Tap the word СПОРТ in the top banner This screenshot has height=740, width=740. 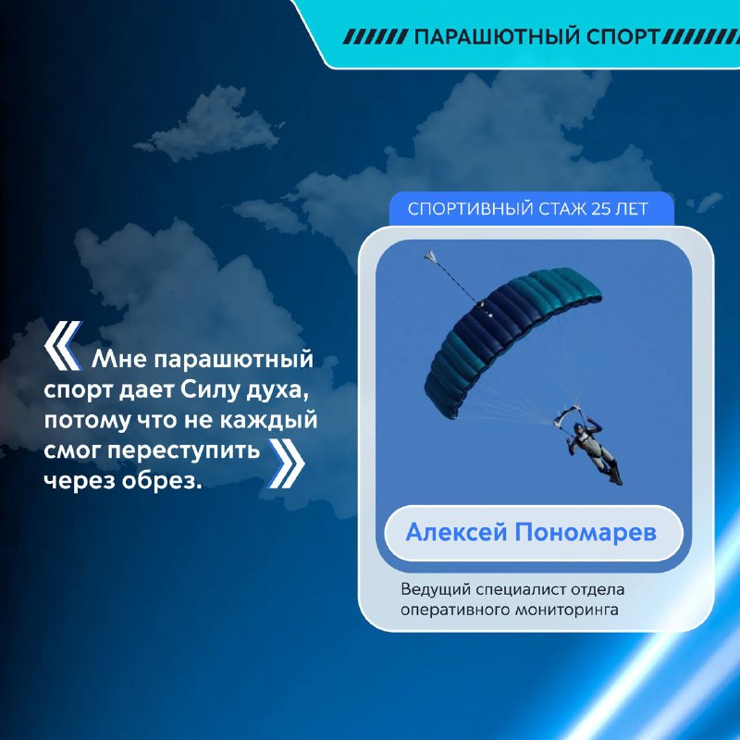[x=623, y=37]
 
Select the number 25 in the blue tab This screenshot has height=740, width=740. [x=600, y=209]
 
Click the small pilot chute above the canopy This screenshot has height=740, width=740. [x=430, y=256]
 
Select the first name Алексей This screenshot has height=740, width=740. [x=456, y=533]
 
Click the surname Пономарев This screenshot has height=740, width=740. [x=586, y=533]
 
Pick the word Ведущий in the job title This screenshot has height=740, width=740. [x=436, y=589]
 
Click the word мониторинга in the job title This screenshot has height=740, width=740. [x=566, y=610]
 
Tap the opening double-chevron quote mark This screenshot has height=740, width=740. [x=63, y=346]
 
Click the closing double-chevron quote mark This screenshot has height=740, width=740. [x=287, y=463]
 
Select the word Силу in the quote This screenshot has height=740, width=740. [x=210, y=390]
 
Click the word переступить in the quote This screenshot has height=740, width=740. [x=183, y=451]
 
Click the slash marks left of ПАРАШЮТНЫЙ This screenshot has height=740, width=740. [x=376, y=37]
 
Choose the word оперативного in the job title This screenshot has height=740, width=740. [x=454, y=610]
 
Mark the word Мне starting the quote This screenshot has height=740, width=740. [x=119, y=359]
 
